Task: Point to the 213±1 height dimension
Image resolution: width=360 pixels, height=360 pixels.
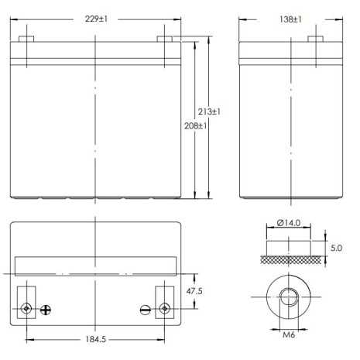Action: pyautogui.click(x=210, y=112)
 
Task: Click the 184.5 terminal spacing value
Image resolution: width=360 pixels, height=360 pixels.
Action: pyautogui.click(x=95, y=338)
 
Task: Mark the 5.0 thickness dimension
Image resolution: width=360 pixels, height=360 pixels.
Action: pyautogui.click(x=335, y=249)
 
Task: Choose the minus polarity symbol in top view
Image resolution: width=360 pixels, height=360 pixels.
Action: pyautogui.click(x=145, y=309)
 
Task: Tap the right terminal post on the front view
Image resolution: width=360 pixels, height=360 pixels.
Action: pyautogui.click(x=164, y=37)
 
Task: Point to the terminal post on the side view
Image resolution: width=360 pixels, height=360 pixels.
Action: pyautogui.click(x=317, y=37)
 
